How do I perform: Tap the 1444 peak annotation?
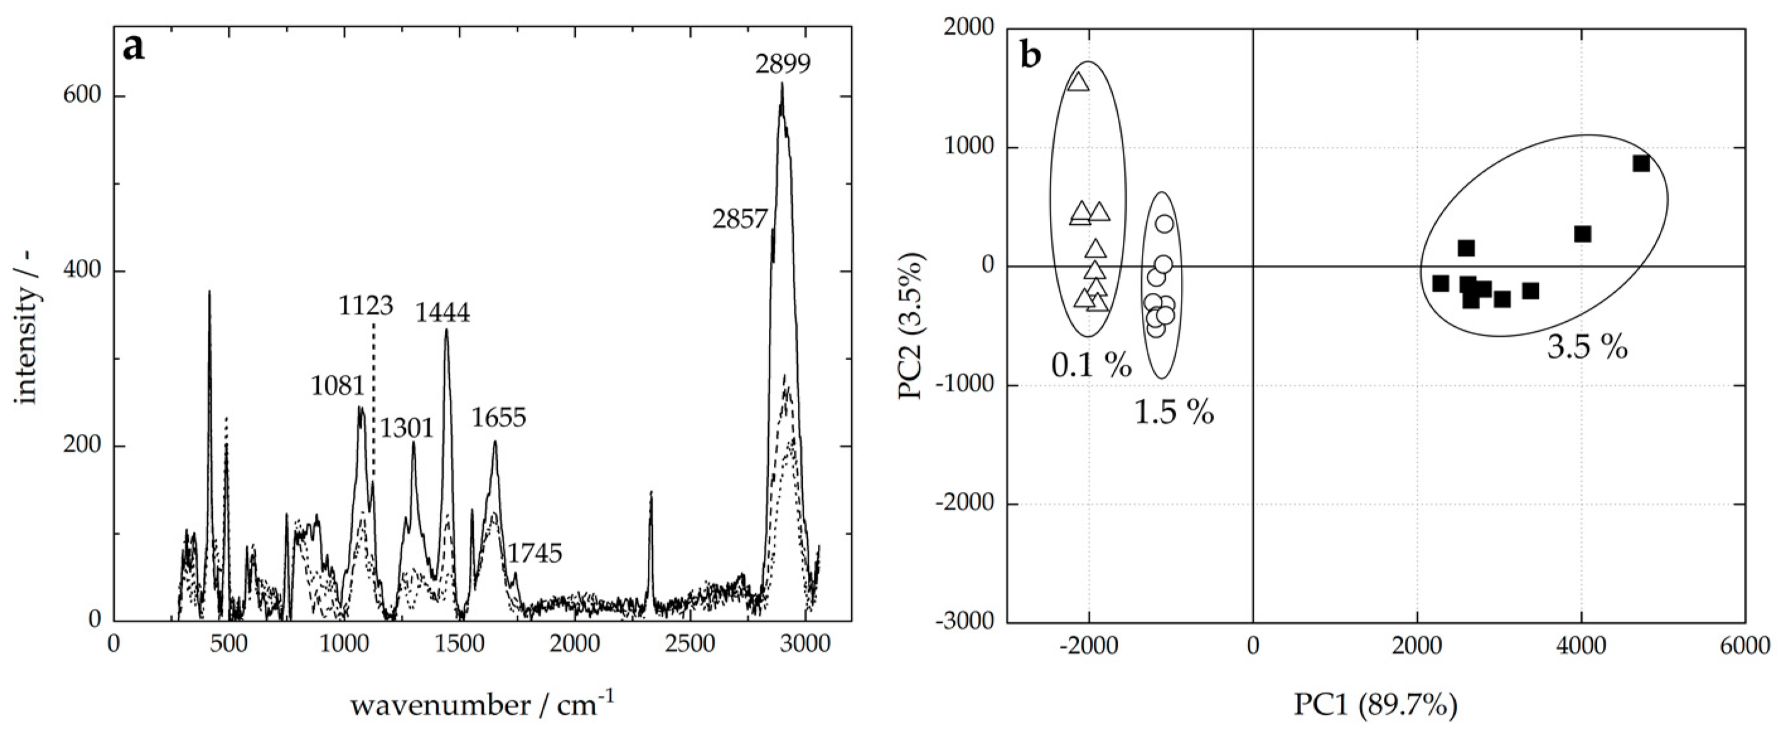pos(442,314)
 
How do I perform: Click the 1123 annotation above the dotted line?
pos(365,305)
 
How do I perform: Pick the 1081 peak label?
pos(338,386)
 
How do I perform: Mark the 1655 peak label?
pos(498,418)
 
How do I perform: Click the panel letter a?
pos(134,48)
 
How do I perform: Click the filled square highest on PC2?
pos(1641,163)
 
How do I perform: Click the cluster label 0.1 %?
pos(1091,365)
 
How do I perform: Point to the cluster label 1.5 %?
pos(1174,413)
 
